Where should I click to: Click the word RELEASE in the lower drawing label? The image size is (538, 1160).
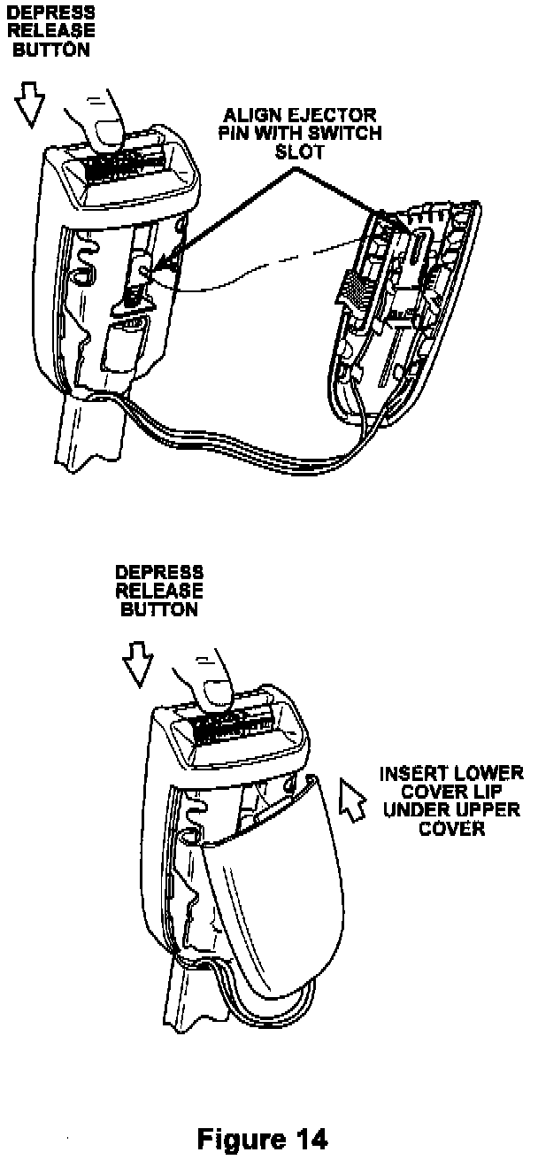click(159, 592)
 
